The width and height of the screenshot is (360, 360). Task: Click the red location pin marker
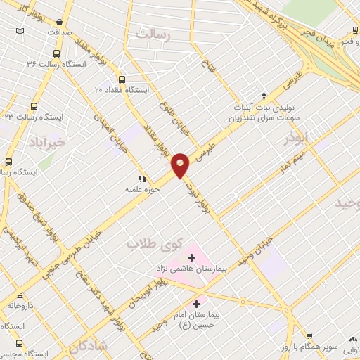click(x=181, y=165)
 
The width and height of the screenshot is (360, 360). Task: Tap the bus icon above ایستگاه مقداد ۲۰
click(x=122, y=79)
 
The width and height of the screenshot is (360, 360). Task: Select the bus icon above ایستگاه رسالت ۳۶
click(x=58, y=53)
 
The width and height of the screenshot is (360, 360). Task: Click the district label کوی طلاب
click(x=154, y=243)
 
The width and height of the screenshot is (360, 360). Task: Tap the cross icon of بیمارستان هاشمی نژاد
click(x=191, y=258)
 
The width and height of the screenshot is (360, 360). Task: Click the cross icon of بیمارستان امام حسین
click(x=196, y=304)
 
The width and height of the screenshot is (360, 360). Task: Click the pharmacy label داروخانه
click(x=21, y=306)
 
